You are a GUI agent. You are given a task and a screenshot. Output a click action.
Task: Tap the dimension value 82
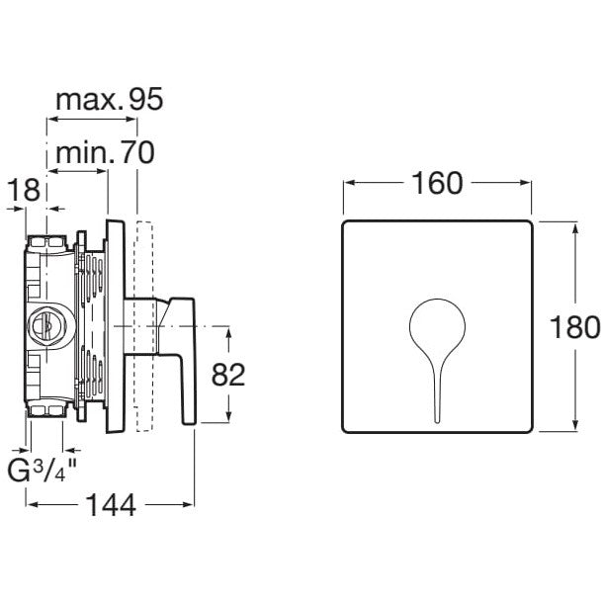pos(228,374)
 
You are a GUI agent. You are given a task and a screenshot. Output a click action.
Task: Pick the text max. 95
pos(108,99)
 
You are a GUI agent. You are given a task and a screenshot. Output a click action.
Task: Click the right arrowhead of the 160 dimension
pos(532,185)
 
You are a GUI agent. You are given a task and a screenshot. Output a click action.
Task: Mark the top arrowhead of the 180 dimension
pos(577,225)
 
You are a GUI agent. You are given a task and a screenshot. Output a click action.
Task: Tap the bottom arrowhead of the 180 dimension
pos(577,428)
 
